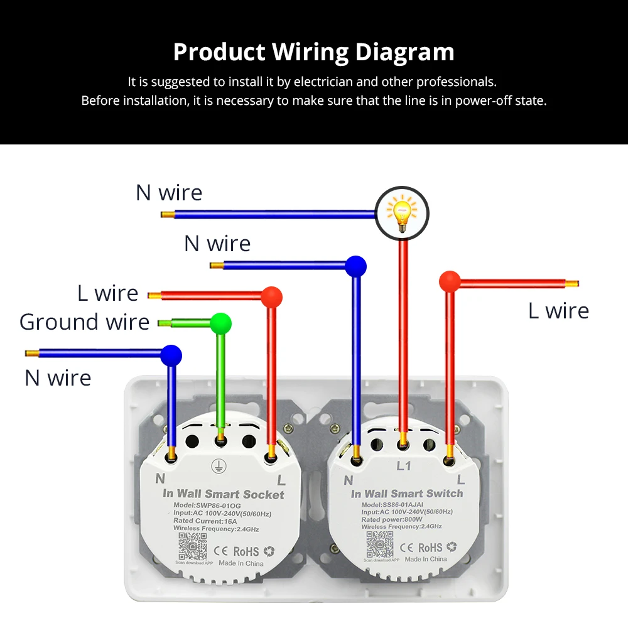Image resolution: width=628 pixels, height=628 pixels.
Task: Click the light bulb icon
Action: pos(402,212)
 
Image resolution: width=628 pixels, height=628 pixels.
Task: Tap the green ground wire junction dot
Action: pos(220,323)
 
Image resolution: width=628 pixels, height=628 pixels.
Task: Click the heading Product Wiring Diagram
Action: pos(313,52)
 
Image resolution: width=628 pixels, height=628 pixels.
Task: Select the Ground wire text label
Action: pos(84,322)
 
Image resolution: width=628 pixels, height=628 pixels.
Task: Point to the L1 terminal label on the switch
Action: pos(403,467)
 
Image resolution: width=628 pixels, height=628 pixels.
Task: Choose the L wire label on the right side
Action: pos(558,311)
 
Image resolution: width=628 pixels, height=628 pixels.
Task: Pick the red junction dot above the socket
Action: pos(271,296)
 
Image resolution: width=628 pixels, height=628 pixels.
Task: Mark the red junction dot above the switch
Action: pos(450,281)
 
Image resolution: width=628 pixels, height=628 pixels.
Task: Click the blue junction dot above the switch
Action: pos(355,266)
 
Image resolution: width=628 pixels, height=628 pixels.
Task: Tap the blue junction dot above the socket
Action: pos(171,355)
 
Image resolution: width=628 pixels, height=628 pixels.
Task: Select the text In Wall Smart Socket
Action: pos(223,494)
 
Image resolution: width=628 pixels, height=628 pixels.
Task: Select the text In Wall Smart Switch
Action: pos(407,494)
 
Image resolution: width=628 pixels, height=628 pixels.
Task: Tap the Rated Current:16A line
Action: pos(205,521)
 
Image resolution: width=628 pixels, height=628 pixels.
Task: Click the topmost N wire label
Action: pos(169,193)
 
